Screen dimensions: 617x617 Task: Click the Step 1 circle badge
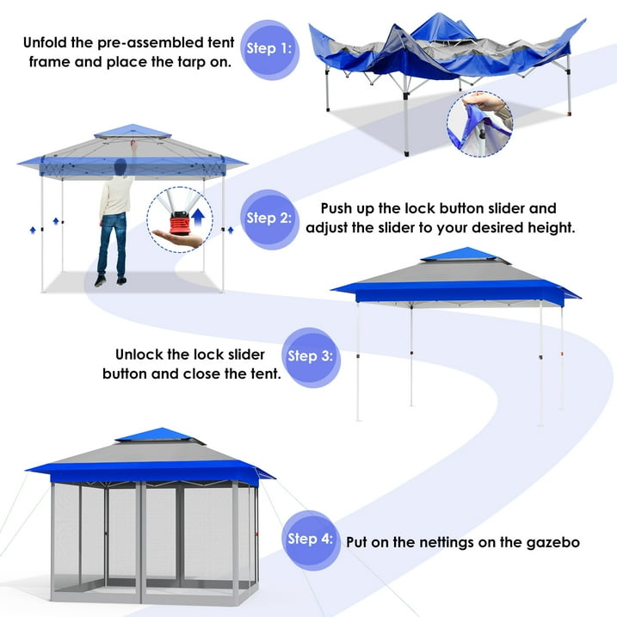click(268, 48)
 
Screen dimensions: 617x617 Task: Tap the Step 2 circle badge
click(268, 218)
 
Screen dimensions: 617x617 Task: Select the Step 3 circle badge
click(308, 355)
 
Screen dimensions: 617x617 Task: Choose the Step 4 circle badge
click(309, 540)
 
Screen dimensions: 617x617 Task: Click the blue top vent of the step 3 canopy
click(459, 256)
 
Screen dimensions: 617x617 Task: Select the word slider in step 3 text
click(244, 355)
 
